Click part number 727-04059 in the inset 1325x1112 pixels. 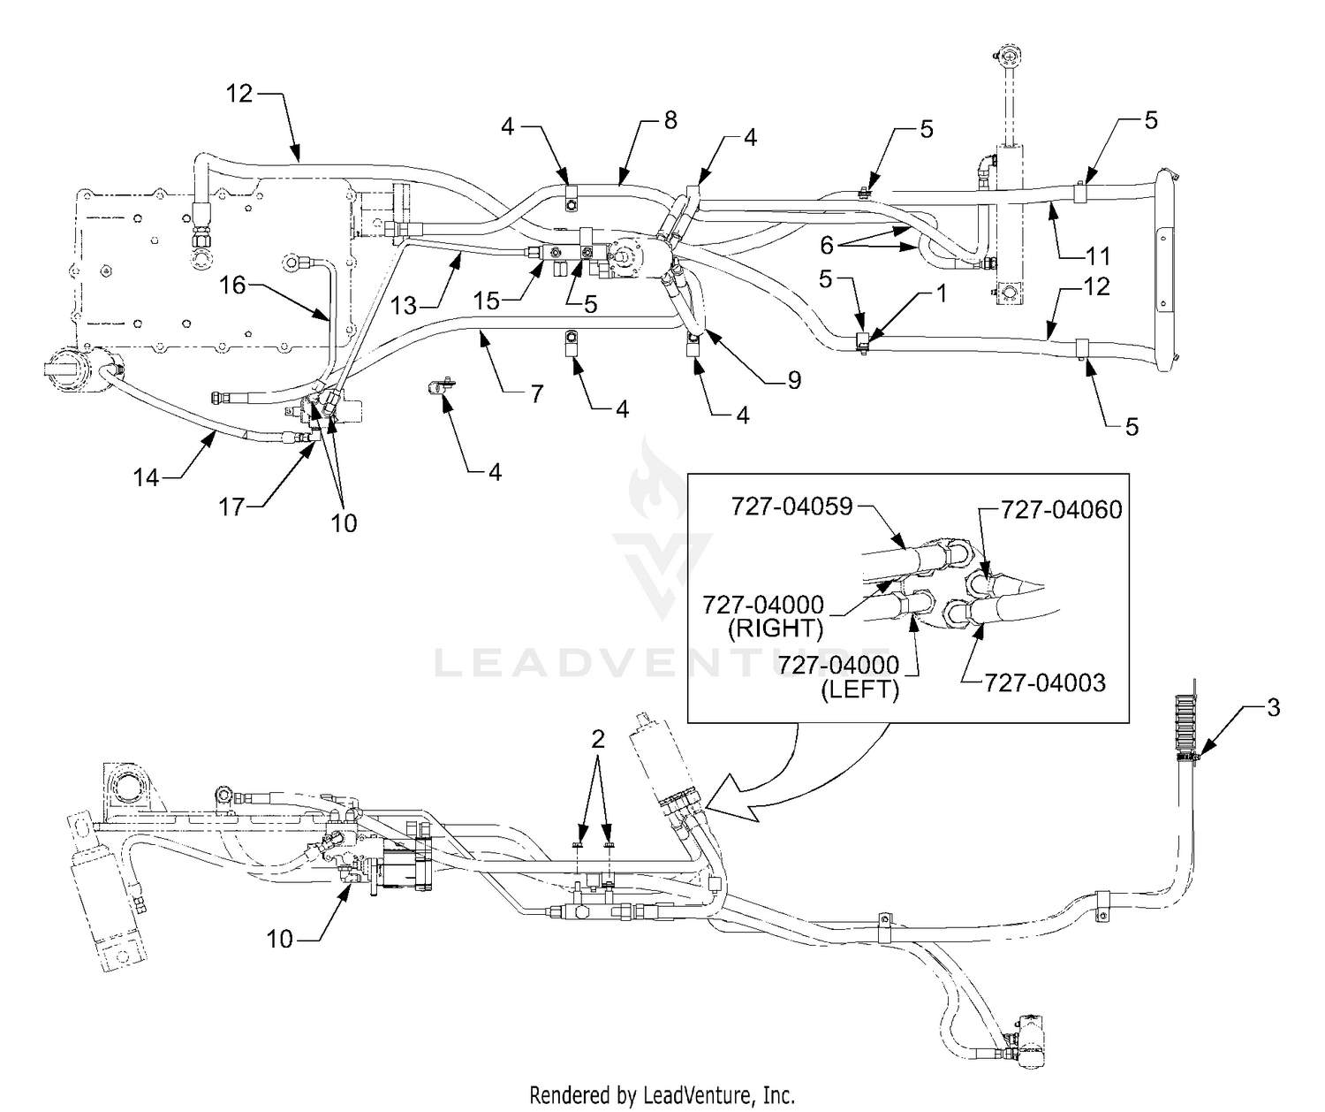tap(792, 506)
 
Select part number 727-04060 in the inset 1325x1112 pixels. tap(1062, 509)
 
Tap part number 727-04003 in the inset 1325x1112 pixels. tap(1045, 682)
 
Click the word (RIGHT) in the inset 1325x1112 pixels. tap(776, 628)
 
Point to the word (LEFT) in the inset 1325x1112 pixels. tap(859, 689)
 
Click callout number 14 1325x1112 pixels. tap(146, 477)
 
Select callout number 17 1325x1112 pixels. tap(231, 506)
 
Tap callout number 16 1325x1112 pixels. tap(232, 286)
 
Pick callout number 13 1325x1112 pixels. tap(403, 306)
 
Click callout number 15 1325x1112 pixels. tap(487, 301)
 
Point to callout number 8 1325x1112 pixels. tap(670, 120)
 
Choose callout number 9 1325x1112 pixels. tap(794, 380)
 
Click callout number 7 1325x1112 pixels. tap(537, 393)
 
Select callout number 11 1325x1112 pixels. tap(1098, 256)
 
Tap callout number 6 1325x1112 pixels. tap(826, 245)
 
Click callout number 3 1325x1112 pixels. tap(1273, 707)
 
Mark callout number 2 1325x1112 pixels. tap(598, 739)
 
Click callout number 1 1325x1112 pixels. tap(941, 293)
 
